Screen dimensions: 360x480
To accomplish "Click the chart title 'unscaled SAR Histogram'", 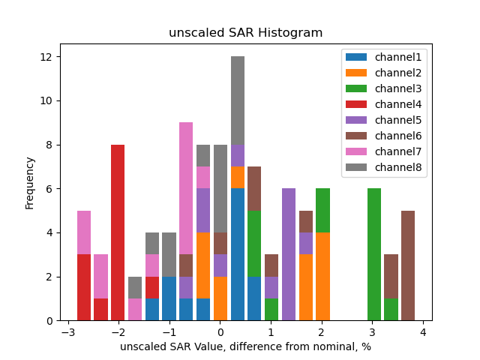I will pos(245,33).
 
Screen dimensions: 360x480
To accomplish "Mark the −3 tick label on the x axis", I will pos(67,332).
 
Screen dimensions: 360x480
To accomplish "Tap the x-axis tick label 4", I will pos(422,332).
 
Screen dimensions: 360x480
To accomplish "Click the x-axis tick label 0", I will pos(220,332).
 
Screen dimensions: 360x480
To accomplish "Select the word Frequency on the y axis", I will pos(30,182).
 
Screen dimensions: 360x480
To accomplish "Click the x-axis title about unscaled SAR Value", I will pos(245,346).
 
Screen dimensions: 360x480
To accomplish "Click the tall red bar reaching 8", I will pos(118,232).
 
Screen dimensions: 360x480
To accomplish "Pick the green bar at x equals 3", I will pos(374,254).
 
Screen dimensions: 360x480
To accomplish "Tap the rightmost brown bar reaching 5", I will pos(408,265).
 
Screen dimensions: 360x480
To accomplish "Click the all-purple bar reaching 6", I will pos(289,254).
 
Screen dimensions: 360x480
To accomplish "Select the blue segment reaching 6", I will pos(238,254).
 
